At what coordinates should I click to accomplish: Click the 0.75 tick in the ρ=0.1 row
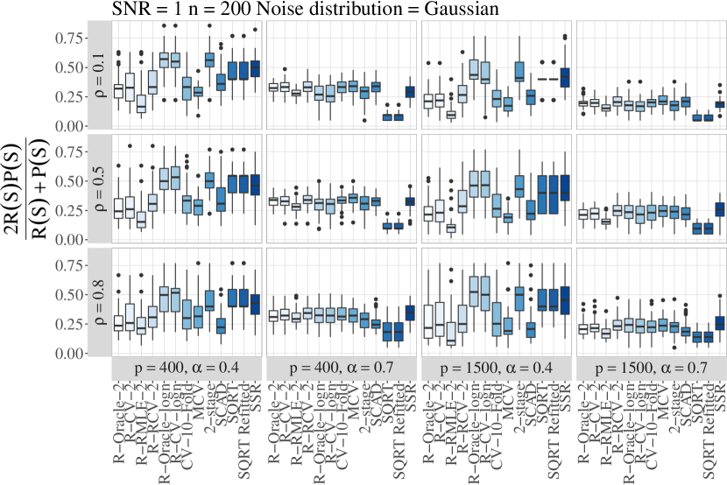pyautogui.click(x=67, y=37)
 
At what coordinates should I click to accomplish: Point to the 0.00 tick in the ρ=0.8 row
pyautogui.click(x=67, y=354)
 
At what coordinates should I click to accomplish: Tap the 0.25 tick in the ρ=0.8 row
pyautogui.click(x=67, y=324)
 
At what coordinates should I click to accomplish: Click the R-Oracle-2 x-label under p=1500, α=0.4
pyautogui.click(x=429, y=420)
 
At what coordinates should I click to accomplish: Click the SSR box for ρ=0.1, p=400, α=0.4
pyautogui.click(x=256, y=68)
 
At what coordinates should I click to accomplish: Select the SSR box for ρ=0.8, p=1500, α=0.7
pyautogui.click(x=720, y=323)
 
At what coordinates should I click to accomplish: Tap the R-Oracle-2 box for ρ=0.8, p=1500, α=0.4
pyautogui.click(x=428, y=320)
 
